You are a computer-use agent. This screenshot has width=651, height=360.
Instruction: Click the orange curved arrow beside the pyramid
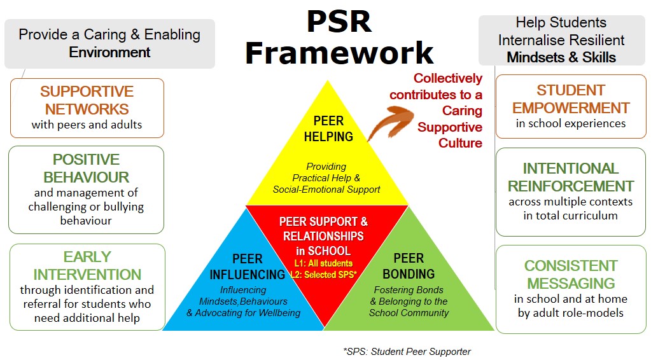(x=389, y=121)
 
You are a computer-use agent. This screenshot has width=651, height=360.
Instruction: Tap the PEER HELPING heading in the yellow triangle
(x=328, y=128)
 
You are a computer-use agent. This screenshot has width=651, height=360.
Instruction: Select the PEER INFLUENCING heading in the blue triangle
(x=248, y=267)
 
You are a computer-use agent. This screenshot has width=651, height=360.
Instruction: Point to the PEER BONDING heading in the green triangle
(x=409, y=266)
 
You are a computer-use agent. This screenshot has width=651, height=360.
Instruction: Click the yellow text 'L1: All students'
(x=323, y=263)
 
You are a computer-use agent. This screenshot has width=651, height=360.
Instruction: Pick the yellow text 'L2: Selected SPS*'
(x=324, y=274)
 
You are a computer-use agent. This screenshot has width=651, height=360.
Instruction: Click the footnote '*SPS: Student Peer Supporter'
(x=407, y=352)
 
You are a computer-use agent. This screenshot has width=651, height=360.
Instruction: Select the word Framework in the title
(x=339, y=53)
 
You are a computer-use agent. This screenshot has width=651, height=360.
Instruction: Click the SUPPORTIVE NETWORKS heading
(x=87, y=100)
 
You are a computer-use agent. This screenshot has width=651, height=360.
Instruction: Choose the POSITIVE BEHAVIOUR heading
(x=87, y=168)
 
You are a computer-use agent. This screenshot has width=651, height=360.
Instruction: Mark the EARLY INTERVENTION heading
(x=87, y=265)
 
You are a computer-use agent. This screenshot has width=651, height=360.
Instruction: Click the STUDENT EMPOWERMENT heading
(x=571, y=99)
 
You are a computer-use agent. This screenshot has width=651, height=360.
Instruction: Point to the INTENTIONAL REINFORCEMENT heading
(x=571, y=177)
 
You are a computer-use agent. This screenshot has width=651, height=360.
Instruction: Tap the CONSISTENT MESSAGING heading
(x=571, y=274)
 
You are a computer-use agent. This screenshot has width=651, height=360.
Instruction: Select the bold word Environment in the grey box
(x=109, y=52)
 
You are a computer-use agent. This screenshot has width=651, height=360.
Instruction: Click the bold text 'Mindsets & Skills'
(x=561, y=57)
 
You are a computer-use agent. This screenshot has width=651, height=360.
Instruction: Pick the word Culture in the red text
(x=461, y=142)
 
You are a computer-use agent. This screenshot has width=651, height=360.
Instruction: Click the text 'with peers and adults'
(x=87, y=125)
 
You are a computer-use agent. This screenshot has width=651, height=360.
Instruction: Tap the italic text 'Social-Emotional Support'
(x=326, y=190)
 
